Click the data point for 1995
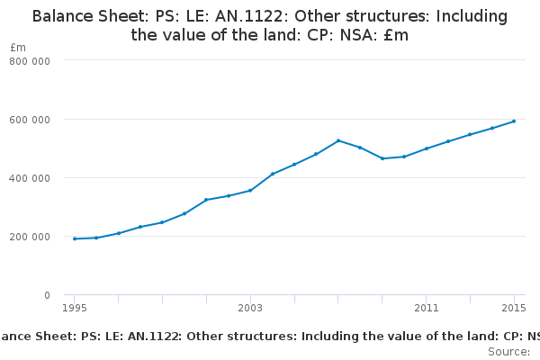75,238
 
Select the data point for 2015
514,121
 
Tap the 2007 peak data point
338,140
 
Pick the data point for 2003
250,191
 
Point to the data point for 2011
427,148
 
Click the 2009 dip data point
382,158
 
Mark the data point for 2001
206,200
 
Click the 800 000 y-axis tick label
30,61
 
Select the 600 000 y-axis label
30,120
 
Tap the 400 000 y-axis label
30,178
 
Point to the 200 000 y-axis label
30,237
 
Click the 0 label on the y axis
47,295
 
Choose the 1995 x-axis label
75,308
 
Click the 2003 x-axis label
250,308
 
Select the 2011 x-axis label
427,308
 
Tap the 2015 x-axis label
514,308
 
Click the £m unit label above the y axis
18,48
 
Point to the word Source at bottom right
508,352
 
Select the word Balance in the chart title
63,16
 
